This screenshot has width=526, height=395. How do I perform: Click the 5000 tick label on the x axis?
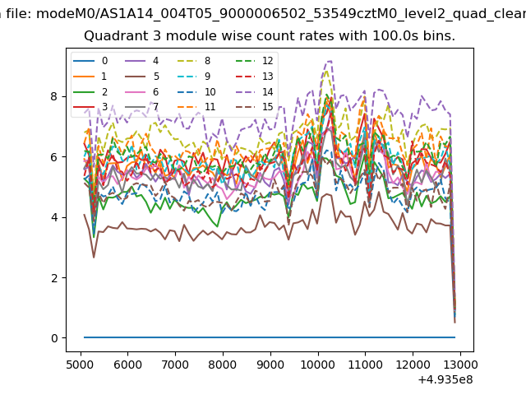[x=80, y=365]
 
